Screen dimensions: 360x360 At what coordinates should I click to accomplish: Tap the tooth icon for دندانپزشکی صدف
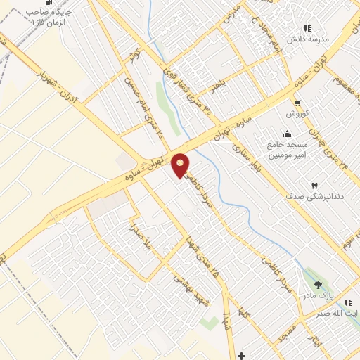pos(315,185)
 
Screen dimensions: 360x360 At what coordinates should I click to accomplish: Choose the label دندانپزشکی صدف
pos(315,198)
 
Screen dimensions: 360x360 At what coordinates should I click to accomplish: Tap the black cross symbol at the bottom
pos(242,355)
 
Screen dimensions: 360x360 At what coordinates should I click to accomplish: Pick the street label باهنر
pos(221,89)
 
